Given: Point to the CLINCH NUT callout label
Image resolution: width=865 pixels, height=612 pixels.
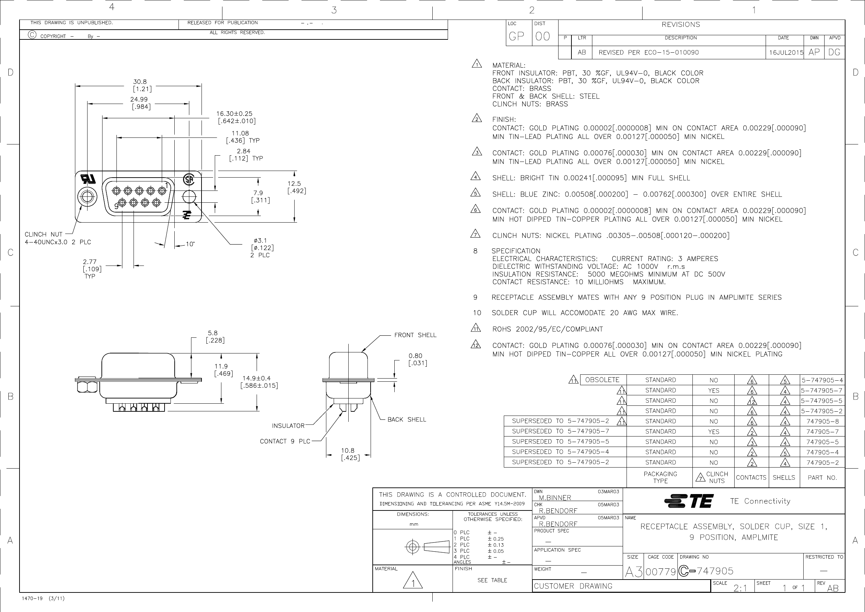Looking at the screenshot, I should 44,234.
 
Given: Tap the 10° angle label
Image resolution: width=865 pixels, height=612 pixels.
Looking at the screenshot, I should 190,244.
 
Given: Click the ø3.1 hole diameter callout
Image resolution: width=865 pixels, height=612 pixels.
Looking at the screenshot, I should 260,240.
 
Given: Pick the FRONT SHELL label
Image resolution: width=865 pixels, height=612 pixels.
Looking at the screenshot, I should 415,335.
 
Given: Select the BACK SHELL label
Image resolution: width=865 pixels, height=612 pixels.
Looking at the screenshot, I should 407,420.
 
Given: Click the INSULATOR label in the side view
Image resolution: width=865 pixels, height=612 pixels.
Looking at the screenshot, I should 288,426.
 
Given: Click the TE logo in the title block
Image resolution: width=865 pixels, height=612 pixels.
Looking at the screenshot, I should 688,501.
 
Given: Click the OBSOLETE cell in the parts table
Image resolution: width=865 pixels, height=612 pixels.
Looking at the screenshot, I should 602,380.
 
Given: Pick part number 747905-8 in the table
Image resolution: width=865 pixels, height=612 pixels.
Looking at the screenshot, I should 822,421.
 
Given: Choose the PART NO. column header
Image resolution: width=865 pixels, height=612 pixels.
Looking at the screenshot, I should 822,478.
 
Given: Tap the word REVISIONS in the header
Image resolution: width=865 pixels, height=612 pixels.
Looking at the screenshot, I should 681,25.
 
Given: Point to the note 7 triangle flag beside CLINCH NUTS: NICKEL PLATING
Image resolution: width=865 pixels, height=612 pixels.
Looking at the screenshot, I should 476,234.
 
